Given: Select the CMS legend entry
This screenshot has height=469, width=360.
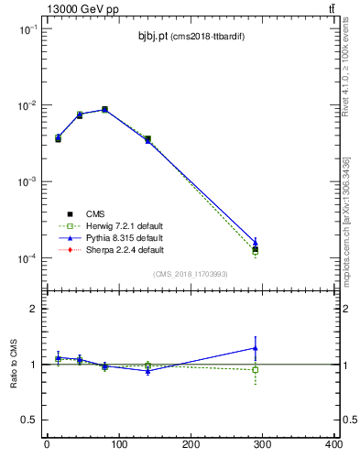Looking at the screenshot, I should click(95, 213).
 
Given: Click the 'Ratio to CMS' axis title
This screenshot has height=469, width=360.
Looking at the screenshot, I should click(14, 364).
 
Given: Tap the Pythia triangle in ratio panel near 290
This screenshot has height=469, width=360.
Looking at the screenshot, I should click(256, 348).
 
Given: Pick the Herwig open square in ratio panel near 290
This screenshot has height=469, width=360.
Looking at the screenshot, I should click(256, 370).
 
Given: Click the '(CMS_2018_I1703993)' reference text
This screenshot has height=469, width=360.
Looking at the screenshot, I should click(191, 274).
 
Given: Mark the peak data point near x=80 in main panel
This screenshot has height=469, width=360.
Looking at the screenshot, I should click(104, 110).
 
